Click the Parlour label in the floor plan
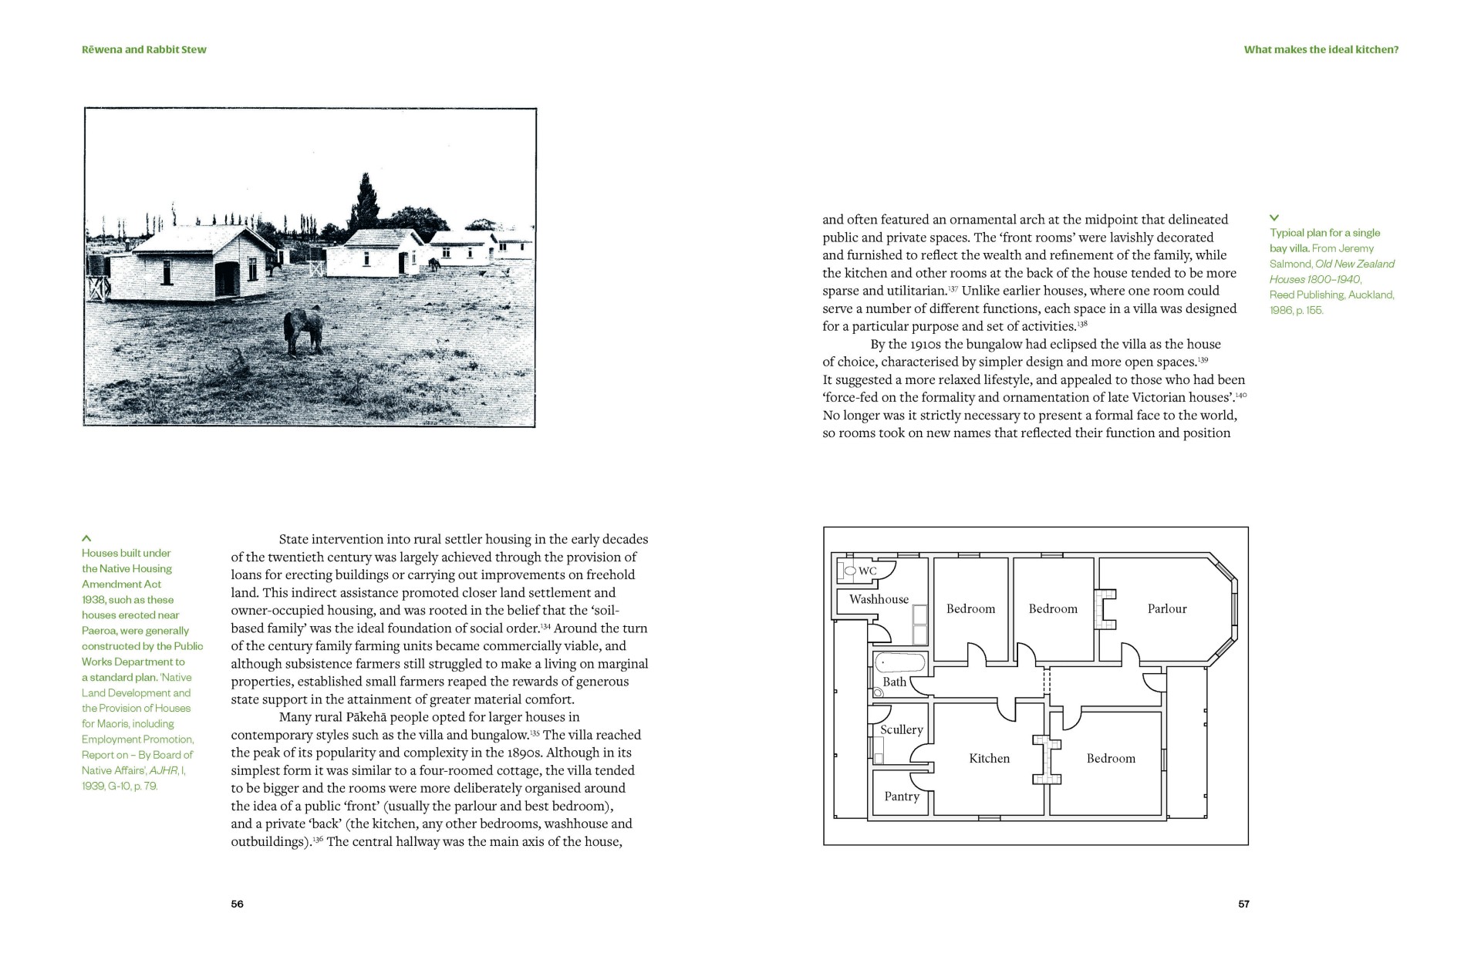tap(1166, 609)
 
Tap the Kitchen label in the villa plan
tap(989, 759)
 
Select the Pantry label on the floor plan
tap(901, 797)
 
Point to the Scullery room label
tap(901, 729)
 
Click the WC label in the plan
tap(868, 571)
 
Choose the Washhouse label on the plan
tap(879, 599)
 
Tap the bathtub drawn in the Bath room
tap(899, 663)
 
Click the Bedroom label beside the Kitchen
tap(1111, 759)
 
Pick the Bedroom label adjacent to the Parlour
tap(1053, 609)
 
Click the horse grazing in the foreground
tap(302, 331)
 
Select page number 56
tap(238, 904)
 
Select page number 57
tap(1243, 904)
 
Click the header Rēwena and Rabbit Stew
tap(144, 49)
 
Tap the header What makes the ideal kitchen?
tap(1321, 49)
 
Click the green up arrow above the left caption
tap(86, 538)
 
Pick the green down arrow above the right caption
tap(1274, 218)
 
